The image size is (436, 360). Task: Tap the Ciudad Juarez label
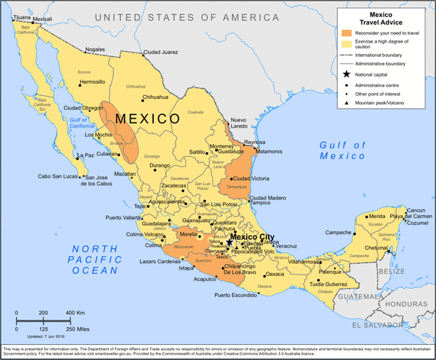(x=161, y=52)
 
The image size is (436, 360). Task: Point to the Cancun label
(x=416, y=210)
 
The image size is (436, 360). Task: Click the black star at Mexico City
(x=229, y=243)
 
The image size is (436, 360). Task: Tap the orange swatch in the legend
(x=346, y=34)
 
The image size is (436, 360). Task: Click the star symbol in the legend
(x=346, y=74)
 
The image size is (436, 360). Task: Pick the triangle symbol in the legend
(x=346, y=103)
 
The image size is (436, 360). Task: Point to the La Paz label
(x=85, y=156)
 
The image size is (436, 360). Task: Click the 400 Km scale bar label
(x=75, y=313)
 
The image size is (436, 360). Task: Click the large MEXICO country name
(x=148, y=118)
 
